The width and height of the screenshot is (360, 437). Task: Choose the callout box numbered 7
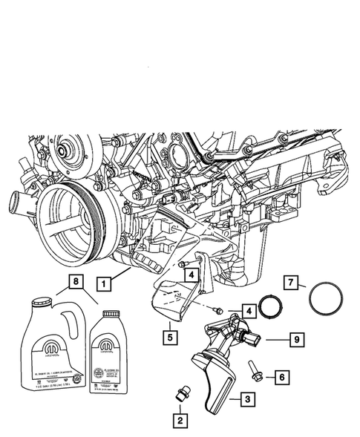[292, 283]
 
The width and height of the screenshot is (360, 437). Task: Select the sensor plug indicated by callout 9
[254, 340]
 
